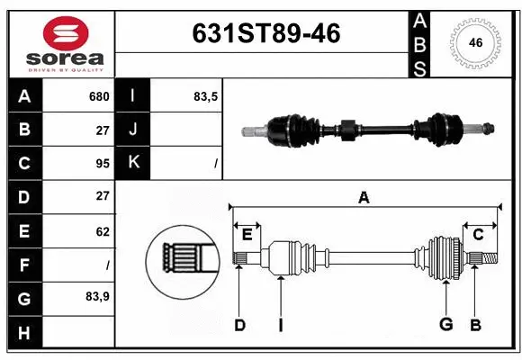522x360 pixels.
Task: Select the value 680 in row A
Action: pyautogui.click(x=98, y=96)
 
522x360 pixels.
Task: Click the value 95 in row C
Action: pyautogui.click(x=101, y=163)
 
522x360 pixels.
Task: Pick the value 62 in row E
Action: pyautogui.click(x=102, y=231)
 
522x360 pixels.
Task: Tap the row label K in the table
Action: pyautogui.click(x=133, y=163)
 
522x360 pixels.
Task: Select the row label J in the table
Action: pyautogui.click(x=133, y=130)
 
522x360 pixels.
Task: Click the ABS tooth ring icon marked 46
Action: pyautogui.click(x=474, y=42)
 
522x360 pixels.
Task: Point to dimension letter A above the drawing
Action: pyautogui.click(x=364, y=197)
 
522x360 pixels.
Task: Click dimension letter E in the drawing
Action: pyautogui.click(x=247, y=235)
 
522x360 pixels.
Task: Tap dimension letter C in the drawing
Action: pyautogui.click(x=478, y=235)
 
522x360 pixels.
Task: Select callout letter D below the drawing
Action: pyautogui.click(x=239, y=325)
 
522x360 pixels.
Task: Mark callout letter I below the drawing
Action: pyautogui.click(x=280, y=325)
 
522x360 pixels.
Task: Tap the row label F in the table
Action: pyautogui.click(x=23, y=265)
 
